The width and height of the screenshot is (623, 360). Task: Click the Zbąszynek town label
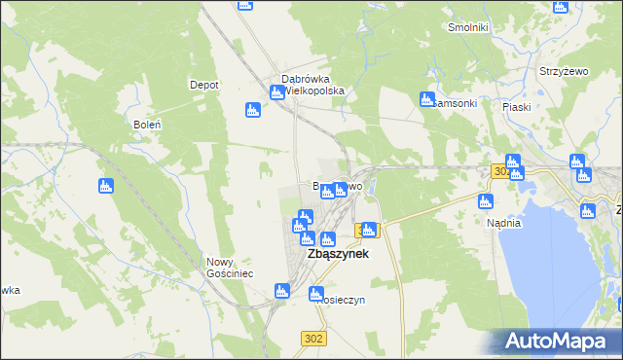tap(338, 254)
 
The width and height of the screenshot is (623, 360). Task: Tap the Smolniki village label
tap(467, 27)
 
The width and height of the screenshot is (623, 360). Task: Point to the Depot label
tap(203, 85)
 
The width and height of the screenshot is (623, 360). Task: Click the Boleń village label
tap(145, 125)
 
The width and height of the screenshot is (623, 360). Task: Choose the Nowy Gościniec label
tap(230, 268)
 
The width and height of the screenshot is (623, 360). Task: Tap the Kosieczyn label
tap(341, 300)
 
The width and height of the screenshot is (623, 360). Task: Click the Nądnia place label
tap(504, 223)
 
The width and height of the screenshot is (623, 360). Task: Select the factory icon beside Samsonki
tap(426, 98)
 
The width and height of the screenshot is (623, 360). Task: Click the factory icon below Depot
tap(253, 110)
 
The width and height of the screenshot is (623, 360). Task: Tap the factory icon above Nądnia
tap(487, 201)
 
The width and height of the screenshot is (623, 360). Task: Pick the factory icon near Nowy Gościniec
tap(282, 290)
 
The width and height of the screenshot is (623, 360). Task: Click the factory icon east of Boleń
tap(106, 186)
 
